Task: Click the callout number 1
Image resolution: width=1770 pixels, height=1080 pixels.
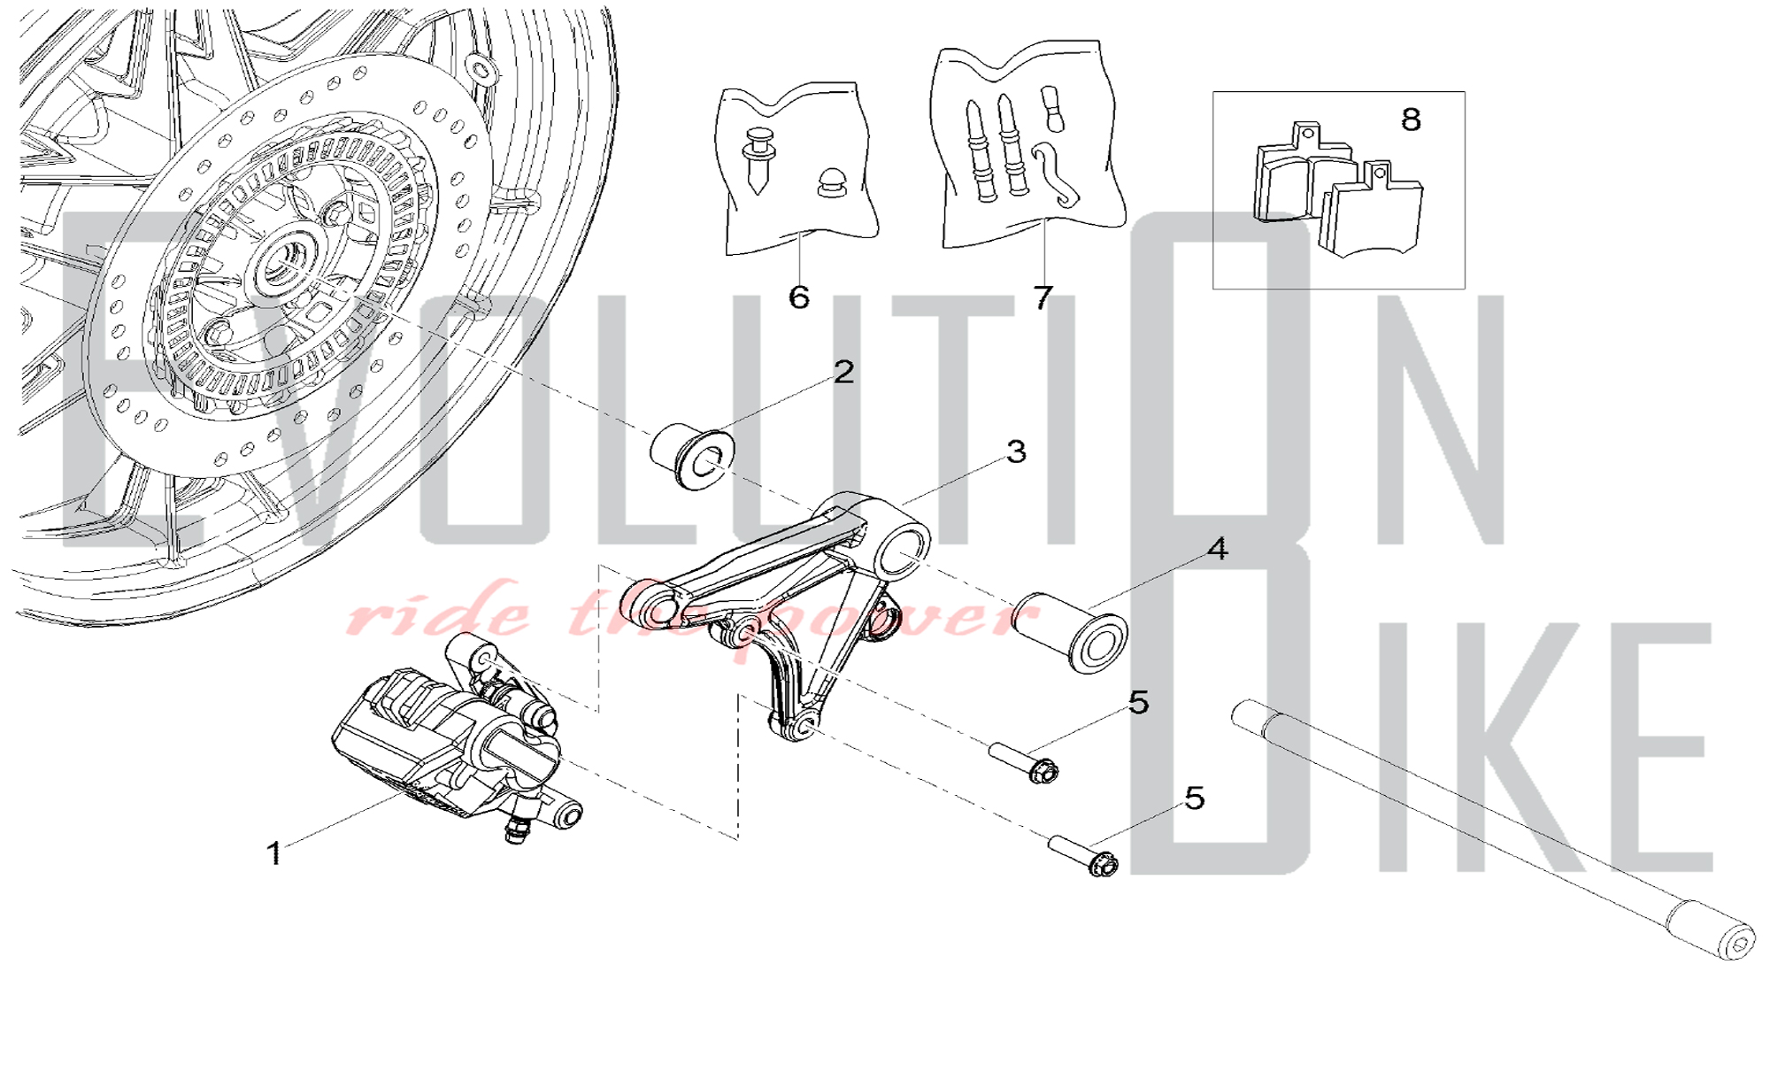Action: [x=274, y=853]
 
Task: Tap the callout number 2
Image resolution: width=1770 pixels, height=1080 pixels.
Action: [x=843, y=372]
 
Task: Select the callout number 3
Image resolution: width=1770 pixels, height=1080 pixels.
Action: [x=1016, y=451]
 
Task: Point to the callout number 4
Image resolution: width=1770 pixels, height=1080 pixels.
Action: [x=1218, y=549]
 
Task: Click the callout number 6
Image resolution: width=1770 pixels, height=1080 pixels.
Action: [x=798, y=297]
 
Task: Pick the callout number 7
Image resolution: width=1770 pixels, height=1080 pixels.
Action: [x=1043, y=297]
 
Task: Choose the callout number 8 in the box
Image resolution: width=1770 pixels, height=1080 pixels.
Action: [x=1411, y=120]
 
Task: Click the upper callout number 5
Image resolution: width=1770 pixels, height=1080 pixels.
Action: [x=1139, y=703]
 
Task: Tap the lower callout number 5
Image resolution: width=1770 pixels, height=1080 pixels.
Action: [x=1195, y=798]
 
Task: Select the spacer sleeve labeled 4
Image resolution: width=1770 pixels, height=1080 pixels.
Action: [x=1069, y=632]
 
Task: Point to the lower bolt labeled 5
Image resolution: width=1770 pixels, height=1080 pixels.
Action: [x=1082, y=855]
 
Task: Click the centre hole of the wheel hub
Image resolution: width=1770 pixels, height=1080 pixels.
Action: [x=285, y=261]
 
